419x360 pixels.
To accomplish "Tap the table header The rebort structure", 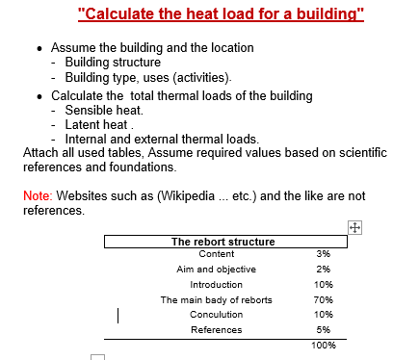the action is click(223, 242).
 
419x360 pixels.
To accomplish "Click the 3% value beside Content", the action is click(323, 253).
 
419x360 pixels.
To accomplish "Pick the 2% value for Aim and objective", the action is click(323, 269).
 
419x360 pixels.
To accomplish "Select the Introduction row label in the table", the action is click(216, 285).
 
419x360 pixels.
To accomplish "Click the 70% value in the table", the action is click(323, 299).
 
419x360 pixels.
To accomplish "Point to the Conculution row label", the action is click(216, 315).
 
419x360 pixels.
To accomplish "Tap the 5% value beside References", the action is click(323, 330).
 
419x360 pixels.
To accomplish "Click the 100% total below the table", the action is click(323, 345).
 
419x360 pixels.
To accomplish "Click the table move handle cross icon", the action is click(354, 226).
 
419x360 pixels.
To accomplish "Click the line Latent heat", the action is click(97, 124).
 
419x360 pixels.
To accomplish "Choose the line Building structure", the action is click(114, 63).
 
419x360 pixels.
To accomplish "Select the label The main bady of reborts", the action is click(216, 299).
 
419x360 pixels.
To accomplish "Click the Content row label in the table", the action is click(216, 253).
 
